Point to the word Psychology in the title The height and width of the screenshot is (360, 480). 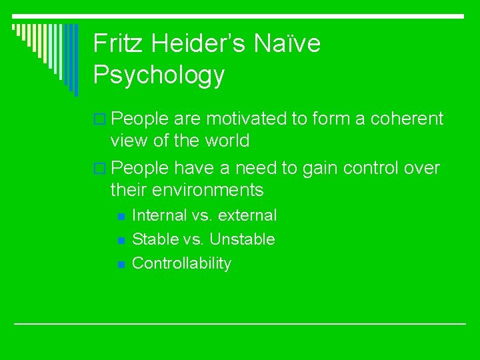159,75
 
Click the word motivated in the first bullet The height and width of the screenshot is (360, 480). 247,119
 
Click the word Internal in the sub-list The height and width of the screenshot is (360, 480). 159,215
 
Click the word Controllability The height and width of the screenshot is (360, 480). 181,263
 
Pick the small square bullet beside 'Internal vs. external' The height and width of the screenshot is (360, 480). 121,216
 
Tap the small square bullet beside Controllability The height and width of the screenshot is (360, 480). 121,265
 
